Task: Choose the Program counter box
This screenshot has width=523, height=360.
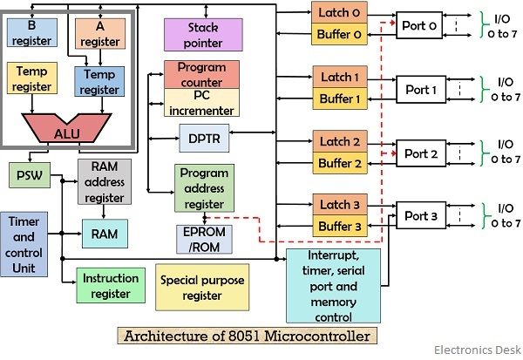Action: click(201, 74)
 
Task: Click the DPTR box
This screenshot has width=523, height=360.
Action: click(203, 138)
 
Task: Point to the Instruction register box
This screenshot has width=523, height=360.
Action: click(111, 284)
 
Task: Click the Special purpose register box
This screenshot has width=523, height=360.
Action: click(202, 287)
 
